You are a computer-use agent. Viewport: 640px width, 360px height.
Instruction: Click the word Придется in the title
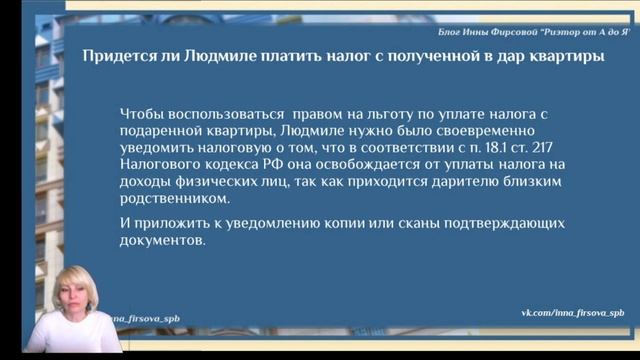[x=113, y=57]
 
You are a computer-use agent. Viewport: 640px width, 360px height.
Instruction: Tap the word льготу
[x=378, y=114]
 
